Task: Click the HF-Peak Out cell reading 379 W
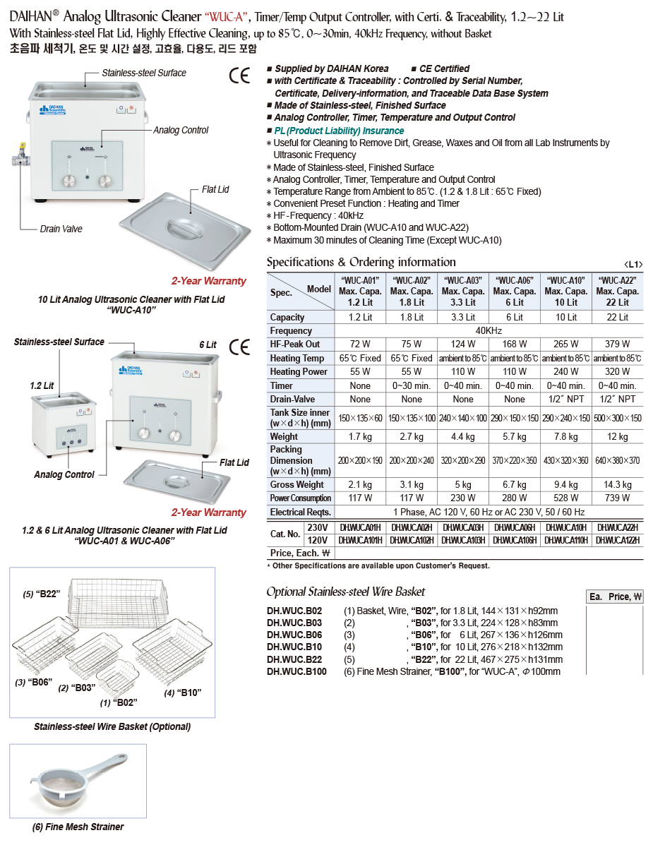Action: tap(617, 344)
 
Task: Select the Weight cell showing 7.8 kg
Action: tap(566, 437)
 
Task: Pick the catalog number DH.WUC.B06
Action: tap(294, 635)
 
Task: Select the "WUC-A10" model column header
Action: tap(566, 291)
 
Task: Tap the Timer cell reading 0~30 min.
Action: tap(412, 385)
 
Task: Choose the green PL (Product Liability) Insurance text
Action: tap(339, 131)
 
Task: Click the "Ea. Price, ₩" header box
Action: tap(615, 597)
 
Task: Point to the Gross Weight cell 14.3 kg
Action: tap(617, 485)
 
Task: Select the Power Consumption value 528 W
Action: tap(566, 498)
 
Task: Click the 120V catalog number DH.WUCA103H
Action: tap(463, 540)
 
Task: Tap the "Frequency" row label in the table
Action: tap(291, 330)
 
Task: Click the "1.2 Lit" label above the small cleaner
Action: tap(42, 386)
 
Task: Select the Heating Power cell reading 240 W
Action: tap(566, 371)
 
